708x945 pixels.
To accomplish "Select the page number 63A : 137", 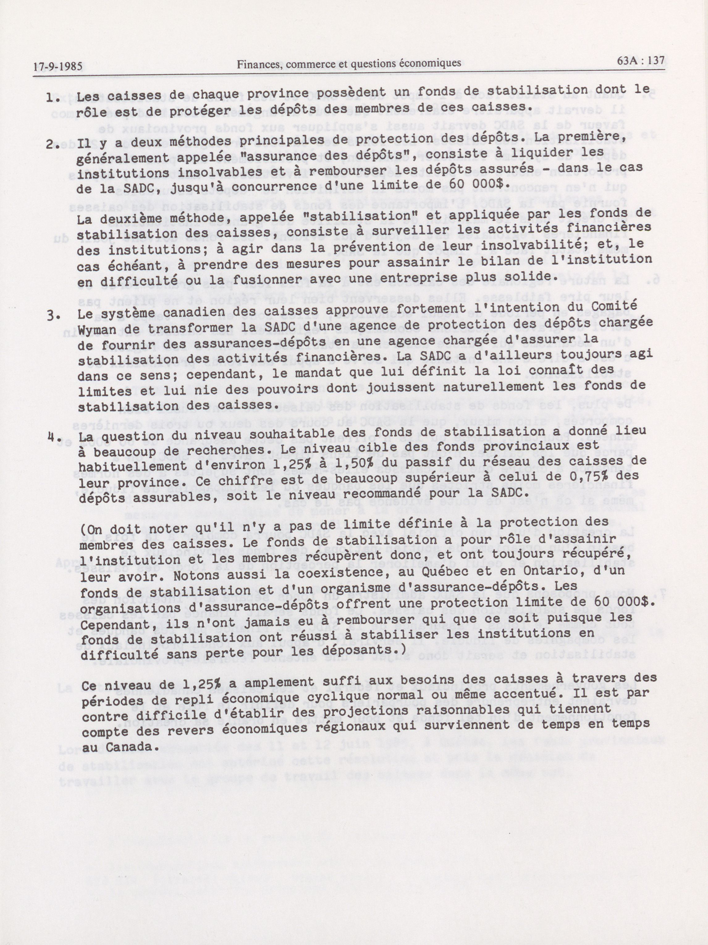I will click(641, 62).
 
